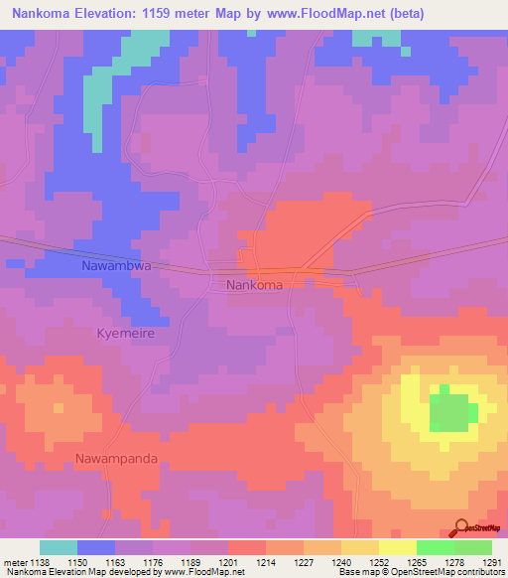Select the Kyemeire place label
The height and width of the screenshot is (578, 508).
click(x=125, y=335)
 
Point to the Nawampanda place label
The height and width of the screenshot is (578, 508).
click(x=116, y=459)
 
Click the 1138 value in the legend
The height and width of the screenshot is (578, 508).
click(x=40, y=562)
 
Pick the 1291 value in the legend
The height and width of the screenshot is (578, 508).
click(x=492, y=562)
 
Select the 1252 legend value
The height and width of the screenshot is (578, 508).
click(x=379, y=562)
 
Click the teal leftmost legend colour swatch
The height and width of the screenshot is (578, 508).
click(x=59, y=547)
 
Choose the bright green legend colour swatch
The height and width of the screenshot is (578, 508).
click(x=435, y=547)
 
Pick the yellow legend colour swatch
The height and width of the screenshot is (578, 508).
click(x=397, y=547)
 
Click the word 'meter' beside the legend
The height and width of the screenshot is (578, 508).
click(x=14, y=562)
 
